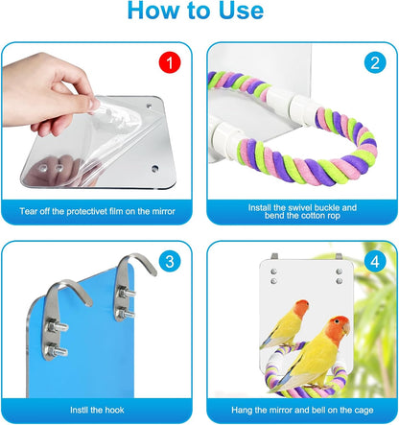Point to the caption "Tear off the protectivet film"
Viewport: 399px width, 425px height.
[99, 209]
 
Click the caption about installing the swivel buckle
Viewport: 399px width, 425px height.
[296, 209]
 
